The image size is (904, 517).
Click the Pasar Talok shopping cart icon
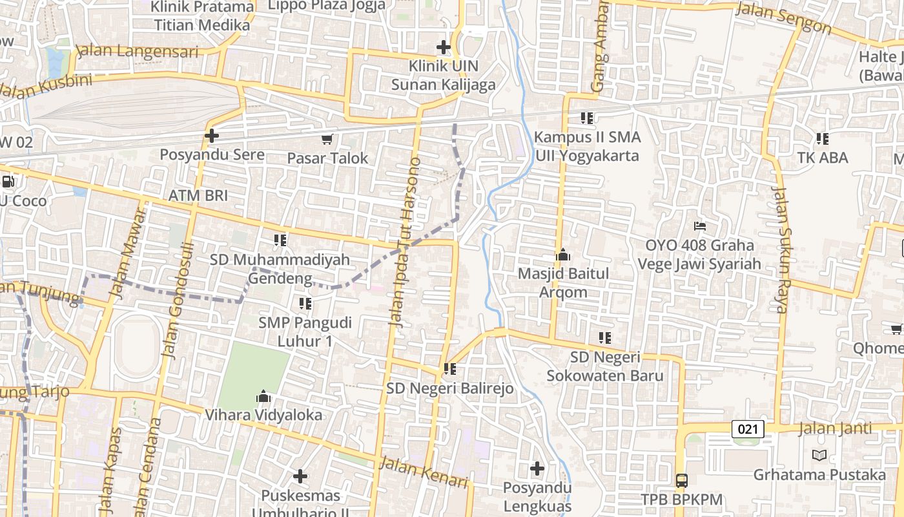coord(327,139)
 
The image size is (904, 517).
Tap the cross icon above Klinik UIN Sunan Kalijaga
coord(444,47)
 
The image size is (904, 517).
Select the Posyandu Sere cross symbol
coord(212,136)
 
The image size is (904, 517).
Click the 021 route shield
coord(748,428)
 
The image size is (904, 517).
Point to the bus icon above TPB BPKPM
coord(682,480)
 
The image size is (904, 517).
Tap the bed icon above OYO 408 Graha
coord(700,226)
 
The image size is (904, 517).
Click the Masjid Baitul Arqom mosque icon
coord(563,255)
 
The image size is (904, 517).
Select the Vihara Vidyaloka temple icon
coord(263,396)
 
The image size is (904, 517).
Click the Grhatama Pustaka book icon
coord(819,456)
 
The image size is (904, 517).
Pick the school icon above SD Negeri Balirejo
coord(450,369)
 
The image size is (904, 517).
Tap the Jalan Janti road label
coord(835,428)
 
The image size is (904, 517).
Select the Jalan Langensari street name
coord(137,52)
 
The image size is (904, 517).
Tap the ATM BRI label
coord(198,195)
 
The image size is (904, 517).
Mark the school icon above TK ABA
coord(822,138)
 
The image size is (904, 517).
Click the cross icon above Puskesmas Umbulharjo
coord(300,476)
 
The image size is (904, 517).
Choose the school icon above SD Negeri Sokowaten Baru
coord(604,337)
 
